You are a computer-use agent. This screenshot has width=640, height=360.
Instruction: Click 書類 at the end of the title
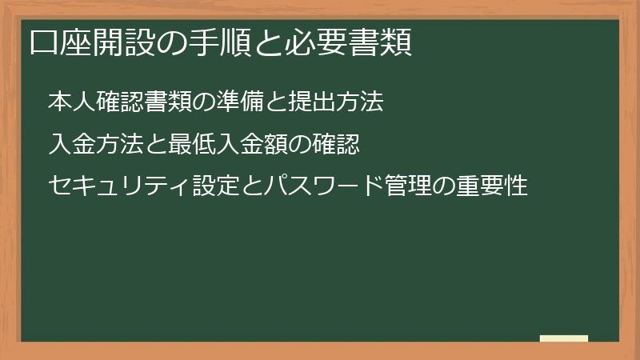pos(380,42)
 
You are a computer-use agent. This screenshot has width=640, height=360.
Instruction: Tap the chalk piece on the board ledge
pos(564,338)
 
